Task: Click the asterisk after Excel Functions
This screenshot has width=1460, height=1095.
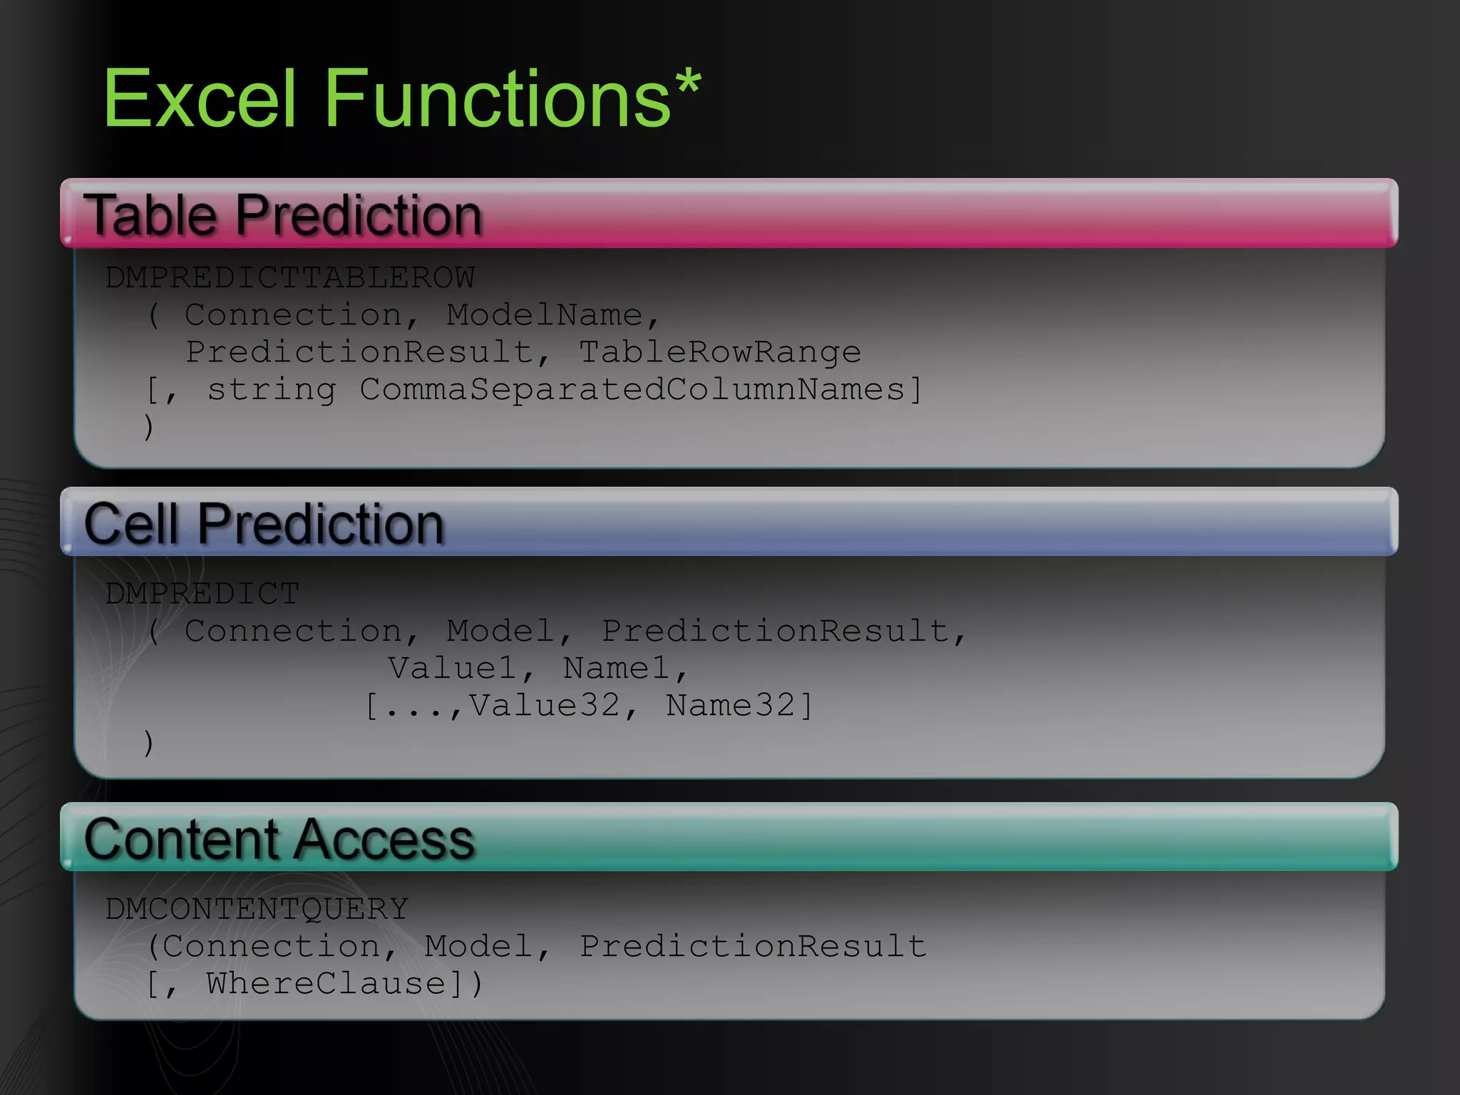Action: coord(689,85)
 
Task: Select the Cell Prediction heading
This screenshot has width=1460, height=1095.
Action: coord(264,524)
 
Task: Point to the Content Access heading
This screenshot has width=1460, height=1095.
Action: coord(279,839)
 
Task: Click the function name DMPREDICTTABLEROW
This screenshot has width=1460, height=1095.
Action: coord(290,277)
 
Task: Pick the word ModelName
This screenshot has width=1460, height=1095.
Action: coord(544,314)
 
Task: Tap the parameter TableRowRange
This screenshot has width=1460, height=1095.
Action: coord(719,352)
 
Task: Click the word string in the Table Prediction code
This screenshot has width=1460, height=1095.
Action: coord(271,389)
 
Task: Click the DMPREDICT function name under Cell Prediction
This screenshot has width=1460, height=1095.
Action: coord(202,593)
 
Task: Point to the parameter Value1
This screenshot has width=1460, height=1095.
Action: coord(452,668)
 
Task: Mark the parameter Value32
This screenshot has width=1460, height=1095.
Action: coord(544,705)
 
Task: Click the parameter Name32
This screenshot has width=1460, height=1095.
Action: coord(730,705)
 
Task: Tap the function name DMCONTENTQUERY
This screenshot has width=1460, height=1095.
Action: coord(257,909)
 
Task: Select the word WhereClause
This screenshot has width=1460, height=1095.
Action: coord(327,984)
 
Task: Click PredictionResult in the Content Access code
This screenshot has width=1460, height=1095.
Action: coord(753,947)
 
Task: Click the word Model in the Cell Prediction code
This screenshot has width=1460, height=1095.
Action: coord(500,631)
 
